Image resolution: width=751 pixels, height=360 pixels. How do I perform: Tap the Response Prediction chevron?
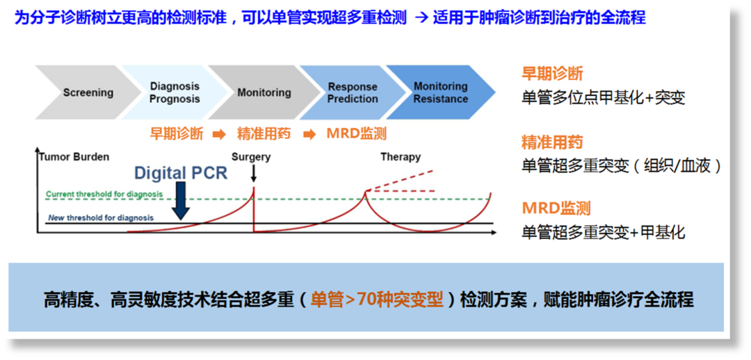[x=352, y=92]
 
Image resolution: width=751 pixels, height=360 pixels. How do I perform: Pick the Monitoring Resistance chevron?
[x=441, y=92]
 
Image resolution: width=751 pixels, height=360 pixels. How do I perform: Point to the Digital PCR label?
[x=181, y=172]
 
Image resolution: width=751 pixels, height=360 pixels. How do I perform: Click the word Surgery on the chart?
[x=251, y=156]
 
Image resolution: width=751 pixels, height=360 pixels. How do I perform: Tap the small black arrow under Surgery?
[x=253, y=173]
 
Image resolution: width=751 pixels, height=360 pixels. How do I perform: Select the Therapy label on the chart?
[x=401, y=156]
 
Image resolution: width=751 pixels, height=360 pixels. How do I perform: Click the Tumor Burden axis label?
[x=74, y=156]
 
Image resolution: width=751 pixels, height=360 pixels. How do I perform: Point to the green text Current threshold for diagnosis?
[x=104, y=195]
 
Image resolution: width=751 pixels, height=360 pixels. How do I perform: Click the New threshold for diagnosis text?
[x=101, y=218]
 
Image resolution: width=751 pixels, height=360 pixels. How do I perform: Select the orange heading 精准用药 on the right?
[x=551, y=142]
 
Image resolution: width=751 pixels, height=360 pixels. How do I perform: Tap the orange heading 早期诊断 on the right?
[x=551, y=74]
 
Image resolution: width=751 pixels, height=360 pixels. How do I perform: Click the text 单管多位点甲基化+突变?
[x=604, y=98]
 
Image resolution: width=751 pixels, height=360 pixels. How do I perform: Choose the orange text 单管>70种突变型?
[x=376, y=301]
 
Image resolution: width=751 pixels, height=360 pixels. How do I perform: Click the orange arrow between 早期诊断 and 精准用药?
[x=219, y=135]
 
